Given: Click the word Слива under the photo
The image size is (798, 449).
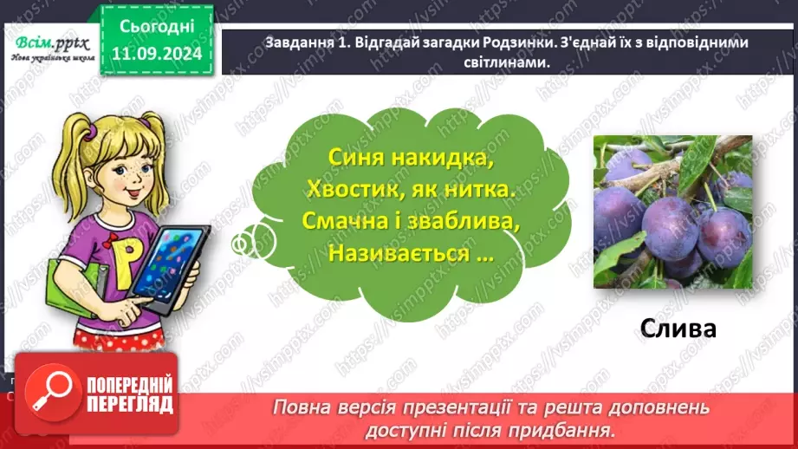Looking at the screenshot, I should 679,329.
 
